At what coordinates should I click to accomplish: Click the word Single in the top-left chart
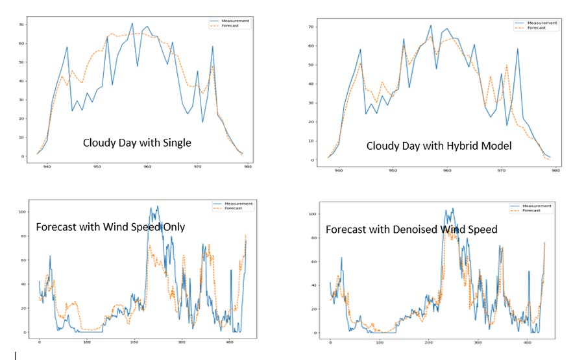177,143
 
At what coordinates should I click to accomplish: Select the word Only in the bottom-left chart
174,227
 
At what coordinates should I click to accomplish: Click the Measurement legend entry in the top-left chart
230,21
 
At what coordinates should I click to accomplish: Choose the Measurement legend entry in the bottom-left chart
233,204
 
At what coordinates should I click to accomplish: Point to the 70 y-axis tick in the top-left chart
21,25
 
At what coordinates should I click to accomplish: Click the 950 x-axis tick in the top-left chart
97,167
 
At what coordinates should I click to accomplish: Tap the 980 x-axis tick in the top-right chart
555,171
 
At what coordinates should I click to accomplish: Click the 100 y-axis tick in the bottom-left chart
22,212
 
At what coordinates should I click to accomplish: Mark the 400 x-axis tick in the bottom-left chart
230,342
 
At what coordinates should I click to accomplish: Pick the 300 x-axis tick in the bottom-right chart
478,342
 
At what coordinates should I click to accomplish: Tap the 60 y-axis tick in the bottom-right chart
314,261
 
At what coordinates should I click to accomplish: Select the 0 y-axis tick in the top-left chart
23,156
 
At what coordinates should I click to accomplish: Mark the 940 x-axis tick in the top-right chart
338,171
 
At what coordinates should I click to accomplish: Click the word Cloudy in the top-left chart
96,143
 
